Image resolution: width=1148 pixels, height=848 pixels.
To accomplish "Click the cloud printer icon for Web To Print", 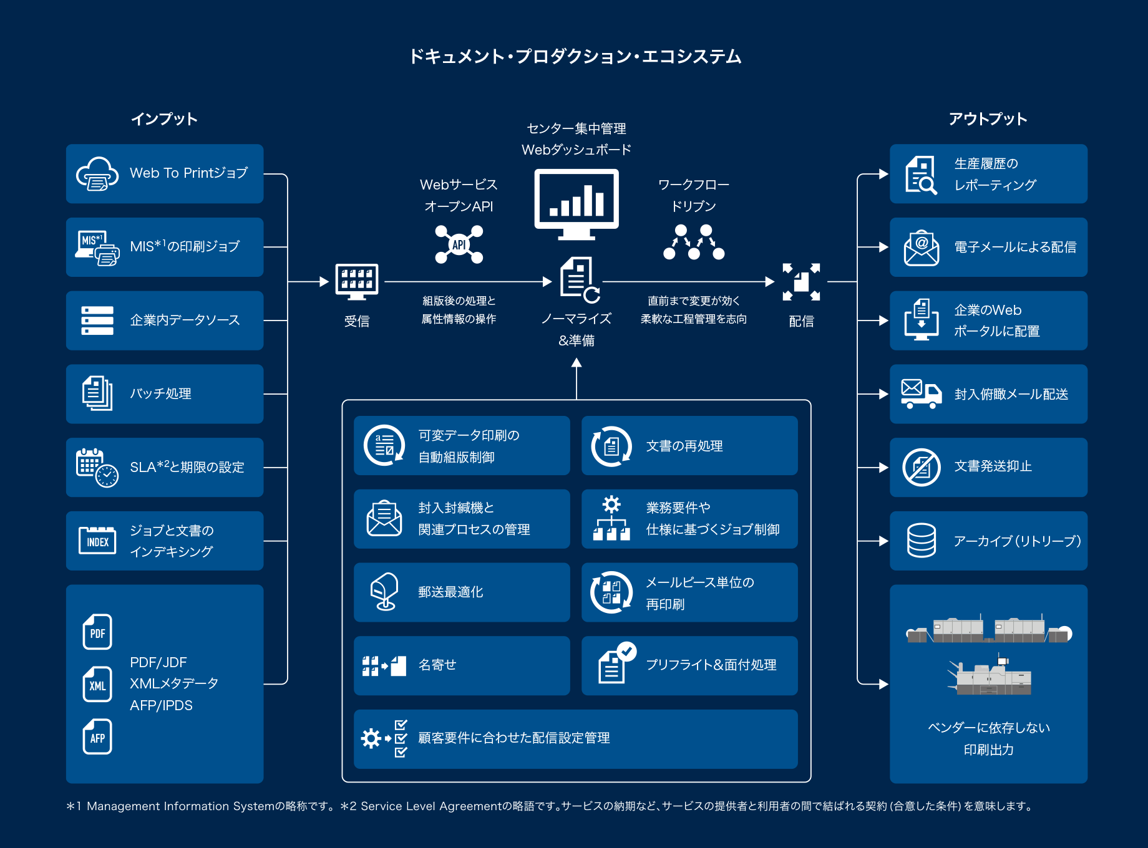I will pos(97,173).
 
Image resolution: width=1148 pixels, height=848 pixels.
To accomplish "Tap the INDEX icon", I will pos(97,541).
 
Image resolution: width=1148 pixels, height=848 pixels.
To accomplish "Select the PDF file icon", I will pos(97,632).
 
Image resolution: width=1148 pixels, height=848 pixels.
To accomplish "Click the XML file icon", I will pos(97,685).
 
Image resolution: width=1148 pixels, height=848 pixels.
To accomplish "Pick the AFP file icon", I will pos(97,737).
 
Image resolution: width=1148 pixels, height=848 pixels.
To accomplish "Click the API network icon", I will pos(459,244).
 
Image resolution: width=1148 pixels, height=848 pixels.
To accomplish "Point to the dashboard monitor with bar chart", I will pos(576,203).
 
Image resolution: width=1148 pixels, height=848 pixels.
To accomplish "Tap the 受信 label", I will pos(357,321).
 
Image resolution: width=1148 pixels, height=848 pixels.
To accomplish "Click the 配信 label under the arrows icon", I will pos(801,321).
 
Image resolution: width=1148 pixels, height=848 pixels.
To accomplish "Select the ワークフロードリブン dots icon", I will pos(694,243).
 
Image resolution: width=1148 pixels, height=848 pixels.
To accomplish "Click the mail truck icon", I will pos(921,394).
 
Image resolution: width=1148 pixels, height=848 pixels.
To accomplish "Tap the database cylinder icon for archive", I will pos(921,541).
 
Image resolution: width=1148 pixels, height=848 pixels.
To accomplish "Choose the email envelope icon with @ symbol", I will pos(921,248).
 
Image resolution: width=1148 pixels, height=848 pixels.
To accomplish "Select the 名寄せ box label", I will pos(437,665).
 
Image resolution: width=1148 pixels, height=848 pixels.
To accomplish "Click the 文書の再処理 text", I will pos(684,446).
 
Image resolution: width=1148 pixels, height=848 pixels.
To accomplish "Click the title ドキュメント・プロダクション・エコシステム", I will pos(575,57).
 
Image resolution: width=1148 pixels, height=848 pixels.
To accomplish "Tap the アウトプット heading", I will pos(988,119).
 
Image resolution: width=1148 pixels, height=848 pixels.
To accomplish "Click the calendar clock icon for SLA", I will pos(97,468).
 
